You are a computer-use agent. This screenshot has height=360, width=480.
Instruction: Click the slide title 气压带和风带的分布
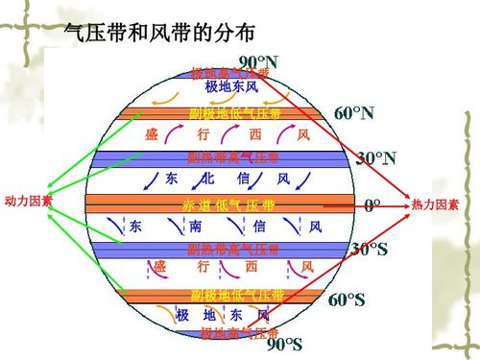coord(159,33)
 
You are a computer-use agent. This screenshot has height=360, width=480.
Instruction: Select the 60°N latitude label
coord(354,113)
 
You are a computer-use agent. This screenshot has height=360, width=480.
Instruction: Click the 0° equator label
coord(372,204)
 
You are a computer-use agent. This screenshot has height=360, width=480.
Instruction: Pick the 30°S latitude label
coord(370,250)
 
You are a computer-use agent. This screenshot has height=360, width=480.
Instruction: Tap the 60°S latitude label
coord(348,300)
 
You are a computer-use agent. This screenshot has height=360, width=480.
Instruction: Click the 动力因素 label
coord(29,202)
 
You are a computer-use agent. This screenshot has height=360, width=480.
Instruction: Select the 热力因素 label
coord(435,205)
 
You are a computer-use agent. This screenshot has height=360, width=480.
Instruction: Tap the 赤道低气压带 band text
coord(228,205)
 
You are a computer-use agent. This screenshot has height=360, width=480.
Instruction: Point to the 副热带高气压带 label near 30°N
coord(233,158)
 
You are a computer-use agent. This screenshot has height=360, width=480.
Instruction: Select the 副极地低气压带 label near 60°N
coord(235,114)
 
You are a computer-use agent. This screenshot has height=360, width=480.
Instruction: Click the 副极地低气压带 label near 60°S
coord(237,295)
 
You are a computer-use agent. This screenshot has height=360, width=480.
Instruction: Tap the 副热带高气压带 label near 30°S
coord(233,251)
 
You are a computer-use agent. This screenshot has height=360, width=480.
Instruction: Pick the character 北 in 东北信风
coord(207,180)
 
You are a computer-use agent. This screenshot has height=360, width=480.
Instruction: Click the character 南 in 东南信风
coord(195,228)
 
